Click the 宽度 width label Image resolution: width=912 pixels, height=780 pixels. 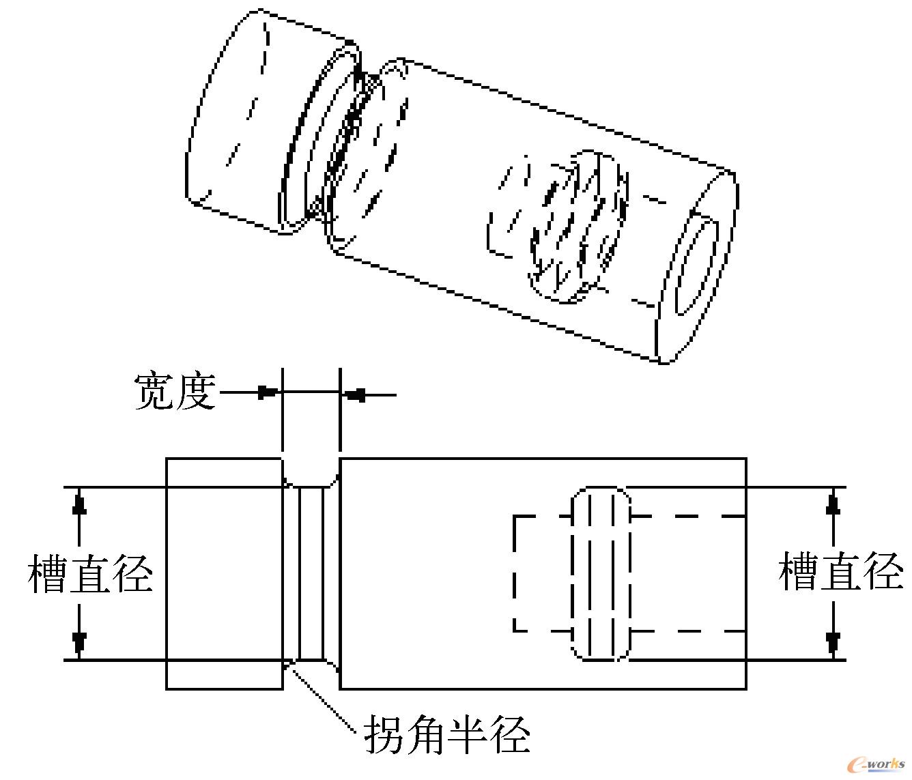tap(175, 392)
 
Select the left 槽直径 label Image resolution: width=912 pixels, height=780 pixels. tap(90, 573)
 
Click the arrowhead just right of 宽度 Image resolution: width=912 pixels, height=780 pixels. tap(268, 393)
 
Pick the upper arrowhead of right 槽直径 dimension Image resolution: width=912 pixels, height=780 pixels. tap(833, 504)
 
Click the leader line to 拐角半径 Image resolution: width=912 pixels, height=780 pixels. tap(324, 703)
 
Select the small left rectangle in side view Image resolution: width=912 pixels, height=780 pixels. tap(225, 573)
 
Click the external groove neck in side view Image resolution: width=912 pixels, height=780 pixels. tap(311, 573)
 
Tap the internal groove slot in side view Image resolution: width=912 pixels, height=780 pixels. tap(601, 573)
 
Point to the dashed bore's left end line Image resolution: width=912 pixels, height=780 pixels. tap(514, 573)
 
